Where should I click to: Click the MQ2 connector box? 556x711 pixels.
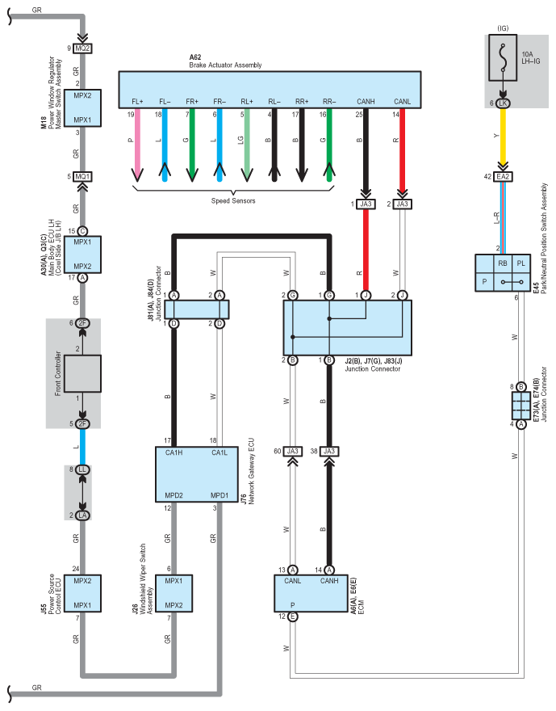82,48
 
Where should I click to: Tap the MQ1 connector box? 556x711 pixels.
82,176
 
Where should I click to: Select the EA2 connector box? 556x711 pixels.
503,176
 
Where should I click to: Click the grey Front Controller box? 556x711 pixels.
82,373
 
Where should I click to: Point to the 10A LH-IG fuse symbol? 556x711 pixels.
503,57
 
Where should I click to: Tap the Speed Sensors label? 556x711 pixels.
233,200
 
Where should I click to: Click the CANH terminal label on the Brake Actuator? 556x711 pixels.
366,102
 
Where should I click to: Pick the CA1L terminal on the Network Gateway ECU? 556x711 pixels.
219,452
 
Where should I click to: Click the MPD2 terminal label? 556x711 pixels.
173,495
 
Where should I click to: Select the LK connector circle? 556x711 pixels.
503,103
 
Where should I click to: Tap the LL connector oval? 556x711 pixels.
82,469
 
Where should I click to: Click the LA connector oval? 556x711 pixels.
82,515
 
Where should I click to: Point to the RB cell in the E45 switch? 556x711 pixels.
503,263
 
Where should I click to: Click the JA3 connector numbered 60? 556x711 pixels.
292,451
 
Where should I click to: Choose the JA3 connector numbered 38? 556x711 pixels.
329,451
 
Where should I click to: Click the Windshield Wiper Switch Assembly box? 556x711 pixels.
173,593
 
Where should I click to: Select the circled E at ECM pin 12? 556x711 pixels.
292,616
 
